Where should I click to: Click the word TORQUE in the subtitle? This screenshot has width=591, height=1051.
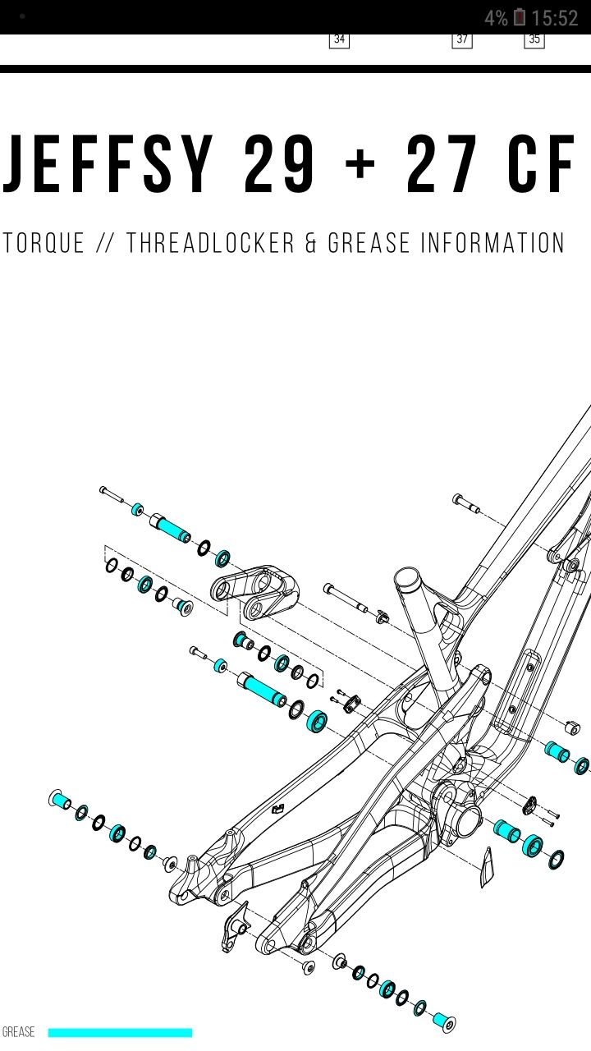tap(44, 243)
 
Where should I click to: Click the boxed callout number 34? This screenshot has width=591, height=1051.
tap(339, 39)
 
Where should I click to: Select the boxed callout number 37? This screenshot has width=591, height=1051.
tap(462, 39)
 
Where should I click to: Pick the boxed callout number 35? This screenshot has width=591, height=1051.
tap(534, 39)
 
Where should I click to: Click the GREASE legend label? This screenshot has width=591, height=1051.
tap(19, 1032)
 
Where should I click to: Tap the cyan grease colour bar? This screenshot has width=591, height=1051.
tap(120, 1032)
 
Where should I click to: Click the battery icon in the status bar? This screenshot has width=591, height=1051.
tap(520, 17)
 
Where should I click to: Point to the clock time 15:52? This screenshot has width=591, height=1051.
tap(555, 18)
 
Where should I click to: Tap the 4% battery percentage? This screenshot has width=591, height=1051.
tap(495, 18)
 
